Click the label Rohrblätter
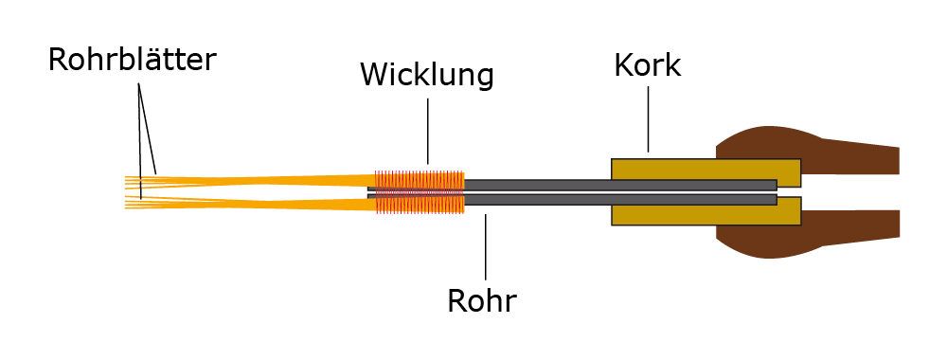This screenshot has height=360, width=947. click(x=132, y=61)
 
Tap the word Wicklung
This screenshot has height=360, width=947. click(x=426, y=75)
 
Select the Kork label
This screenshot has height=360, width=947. click(x=647, y=65)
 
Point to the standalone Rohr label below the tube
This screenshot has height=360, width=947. click(x=481, y=301)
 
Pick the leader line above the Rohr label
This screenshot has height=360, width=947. click(x=485, y=248)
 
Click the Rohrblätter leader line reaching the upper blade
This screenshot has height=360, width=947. click(x=150, y=133)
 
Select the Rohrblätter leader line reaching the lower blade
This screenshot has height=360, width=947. click(x=140, y=142)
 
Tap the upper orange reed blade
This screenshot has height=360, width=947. click(x=265, y=180)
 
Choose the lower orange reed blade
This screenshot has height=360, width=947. click(x=265, y=203)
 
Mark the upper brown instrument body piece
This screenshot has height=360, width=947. click(x=833, y=153)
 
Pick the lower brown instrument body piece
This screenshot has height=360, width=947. click(x=833, y=227)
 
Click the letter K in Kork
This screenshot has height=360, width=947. click(x=621, y=65)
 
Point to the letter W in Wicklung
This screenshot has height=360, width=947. click(x=373, y=75)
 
